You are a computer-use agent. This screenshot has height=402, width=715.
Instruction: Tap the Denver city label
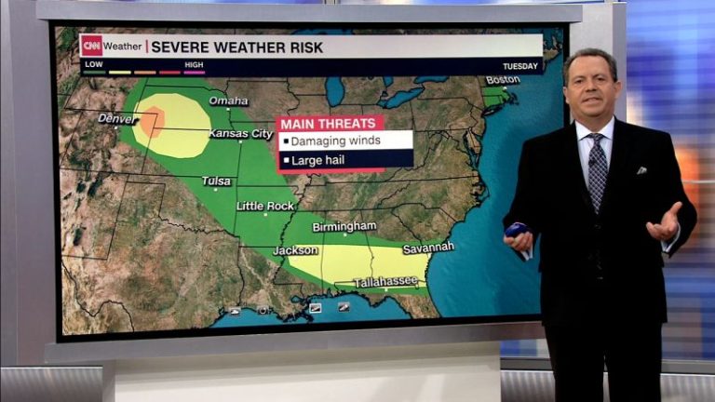pos(117,118)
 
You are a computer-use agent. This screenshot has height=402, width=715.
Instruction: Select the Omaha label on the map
pos(228,100)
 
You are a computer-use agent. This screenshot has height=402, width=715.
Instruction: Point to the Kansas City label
pos(240,134)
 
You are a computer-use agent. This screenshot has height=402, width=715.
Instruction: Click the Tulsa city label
pos(216,181)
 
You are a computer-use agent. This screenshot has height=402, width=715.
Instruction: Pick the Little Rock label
pos(264,206)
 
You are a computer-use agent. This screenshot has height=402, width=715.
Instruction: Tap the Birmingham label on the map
pos(344,226)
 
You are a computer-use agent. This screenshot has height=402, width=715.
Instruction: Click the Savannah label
pos(428,248)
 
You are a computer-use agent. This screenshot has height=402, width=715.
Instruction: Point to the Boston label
pos(502,80)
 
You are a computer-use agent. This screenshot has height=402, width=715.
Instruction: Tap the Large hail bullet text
pos(320,161)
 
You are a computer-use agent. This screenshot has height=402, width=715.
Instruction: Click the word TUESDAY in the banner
pos(520,66)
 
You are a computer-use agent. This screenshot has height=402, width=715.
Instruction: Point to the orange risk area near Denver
pos(152,122)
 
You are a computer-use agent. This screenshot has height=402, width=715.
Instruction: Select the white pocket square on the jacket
pos(641,170)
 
